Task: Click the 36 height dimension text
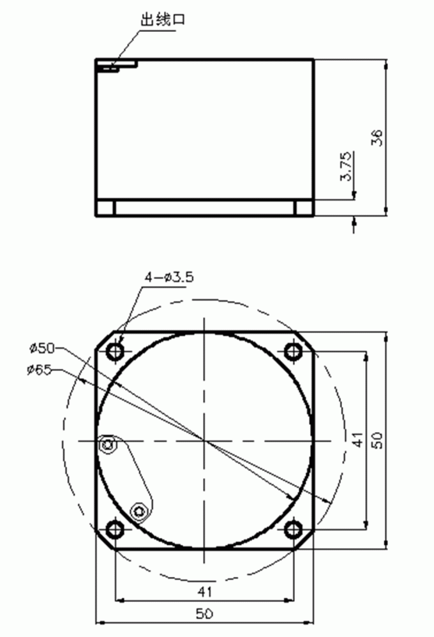[x=377, y=137]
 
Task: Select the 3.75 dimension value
[x=345, y=167]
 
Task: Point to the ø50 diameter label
[x=41, y=348]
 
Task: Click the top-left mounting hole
[x=116, y=351]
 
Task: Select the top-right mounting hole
[x=293, y=351]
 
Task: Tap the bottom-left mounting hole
[x=116, y=529]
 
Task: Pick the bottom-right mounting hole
[x=293, y=529]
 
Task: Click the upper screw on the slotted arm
[x=109, y=444]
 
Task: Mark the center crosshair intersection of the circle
[x=204, y=440]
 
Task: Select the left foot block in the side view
[x=105, y=208]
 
